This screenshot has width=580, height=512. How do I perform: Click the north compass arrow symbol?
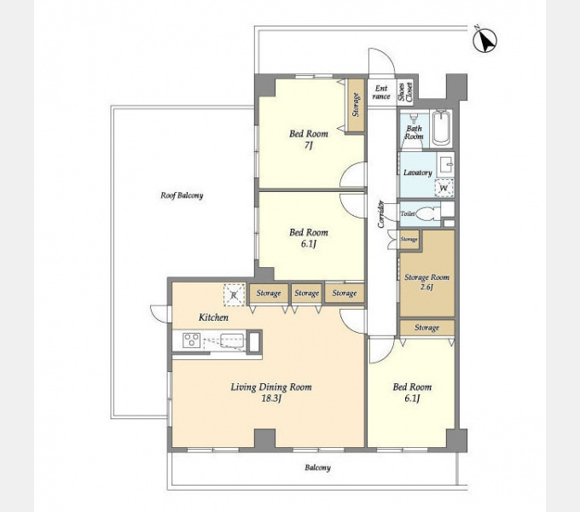click(x=485, y=39)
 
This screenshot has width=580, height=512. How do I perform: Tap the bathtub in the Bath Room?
click(x=442, y=128)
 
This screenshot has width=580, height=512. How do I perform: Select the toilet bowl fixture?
click(x=426, y=214)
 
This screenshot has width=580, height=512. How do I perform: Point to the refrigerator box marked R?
click(x=235, y=295)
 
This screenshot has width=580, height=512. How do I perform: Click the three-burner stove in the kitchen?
click(x=192, y=340)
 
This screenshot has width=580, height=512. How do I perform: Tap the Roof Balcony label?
click(x=182, y=195)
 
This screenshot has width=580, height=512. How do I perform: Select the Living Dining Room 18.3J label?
click(x=271, y=393)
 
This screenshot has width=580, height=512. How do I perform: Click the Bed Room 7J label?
click(x=309, y=139)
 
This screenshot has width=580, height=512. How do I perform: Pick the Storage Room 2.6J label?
click(x=426, y=282)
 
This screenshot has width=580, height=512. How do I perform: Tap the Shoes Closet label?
click(x=405, y=91)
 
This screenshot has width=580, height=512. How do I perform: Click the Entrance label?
click(x=381, y=92)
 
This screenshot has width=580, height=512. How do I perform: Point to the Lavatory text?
click(x=418, y=172)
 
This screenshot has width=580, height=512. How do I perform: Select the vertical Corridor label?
click(x=380, y=214)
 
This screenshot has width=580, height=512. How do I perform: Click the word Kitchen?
click(x=213, y=317)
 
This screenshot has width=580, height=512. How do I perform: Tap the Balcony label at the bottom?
click(x=318, y=468)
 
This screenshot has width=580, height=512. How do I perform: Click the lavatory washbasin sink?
click(x=445, y=164)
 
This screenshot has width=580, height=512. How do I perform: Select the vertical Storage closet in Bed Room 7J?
click(x=356, y=105)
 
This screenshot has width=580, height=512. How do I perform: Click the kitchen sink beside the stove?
click(x=232, y=340)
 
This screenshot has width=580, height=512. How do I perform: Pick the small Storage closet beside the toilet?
click(x=409, y=239)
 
